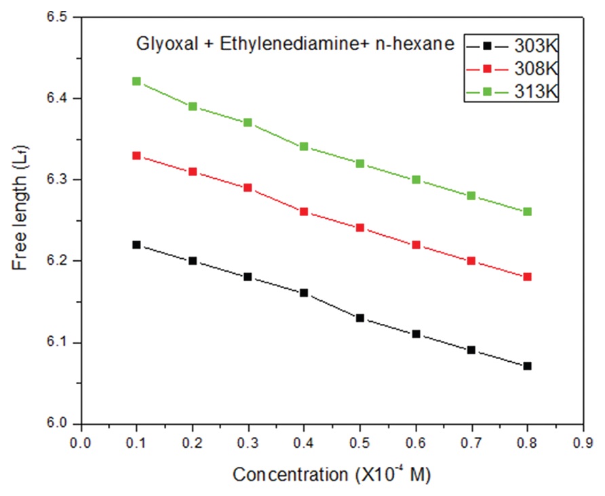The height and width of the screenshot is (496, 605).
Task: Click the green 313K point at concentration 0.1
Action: pos(136,81)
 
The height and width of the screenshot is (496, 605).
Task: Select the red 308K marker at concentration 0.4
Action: pos(304,211)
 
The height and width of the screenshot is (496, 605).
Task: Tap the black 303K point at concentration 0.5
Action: pos(360,318)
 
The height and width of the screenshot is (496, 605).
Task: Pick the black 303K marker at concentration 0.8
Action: pos(528,366)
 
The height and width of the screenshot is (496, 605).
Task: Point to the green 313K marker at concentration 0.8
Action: pos(528,211)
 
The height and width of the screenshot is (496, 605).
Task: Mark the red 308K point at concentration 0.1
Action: pos(136,156)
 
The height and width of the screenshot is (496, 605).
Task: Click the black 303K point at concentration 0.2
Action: pos(193,261)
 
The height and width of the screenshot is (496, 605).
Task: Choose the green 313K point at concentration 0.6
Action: pos(416,180)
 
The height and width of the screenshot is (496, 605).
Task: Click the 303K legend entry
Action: pos(512,47)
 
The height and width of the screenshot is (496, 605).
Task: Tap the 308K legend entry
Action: pos(512,68)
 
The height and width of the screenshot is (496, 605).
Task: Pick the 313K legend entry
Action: pos(512,90)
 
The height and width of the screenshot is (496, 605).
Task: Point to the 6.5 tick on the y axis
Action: pos(81,17)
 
